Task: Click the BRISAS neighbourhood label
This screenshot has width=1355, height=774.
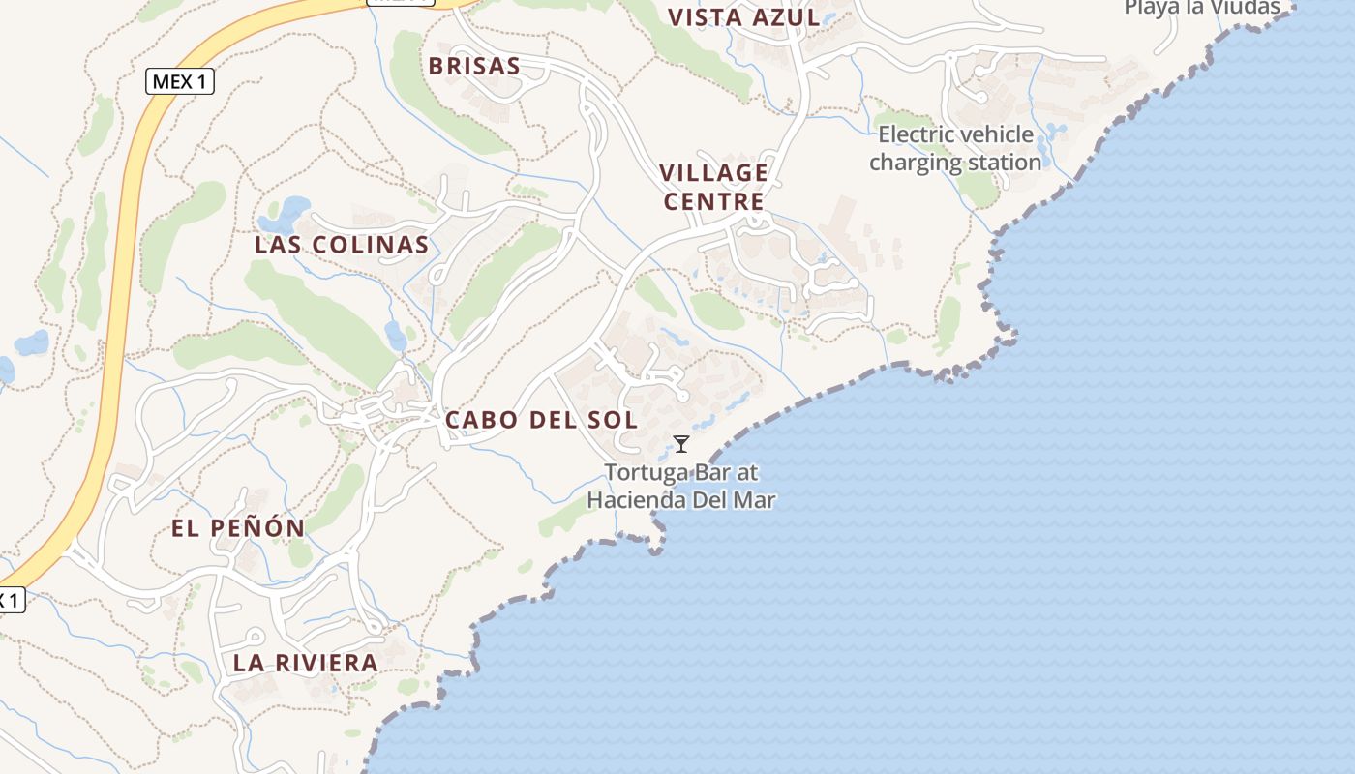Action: coord(474,66)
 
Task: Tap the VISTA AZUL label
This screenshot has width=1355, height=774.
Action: coord(744,17)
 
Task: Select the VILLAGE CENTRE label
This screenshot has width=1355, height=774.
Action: coord(713,187)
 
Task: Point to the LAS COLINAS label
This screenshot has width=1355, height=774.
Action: coord(342,245)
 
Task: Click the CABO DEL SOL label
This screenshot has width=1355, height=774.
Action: coord(541,420)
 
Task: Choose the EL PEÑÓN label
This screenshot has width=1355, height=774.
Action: coord(238,528)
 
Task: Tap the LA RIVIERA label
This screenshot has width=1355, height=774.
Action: coord(305,664)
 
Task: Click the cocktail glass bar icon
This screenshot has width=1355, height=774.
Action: coord(681,444)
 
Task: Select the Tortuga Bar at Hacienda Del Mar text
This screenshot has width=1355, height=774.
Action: coord(681,487)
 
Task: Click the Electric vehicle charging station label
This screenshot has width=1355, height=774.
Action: coord(955,148)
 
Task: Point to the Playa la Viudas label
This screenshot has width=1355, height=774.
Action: coord(1201,8)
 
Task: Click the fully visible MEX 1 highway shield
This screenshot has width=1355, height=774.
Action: coord(180,81)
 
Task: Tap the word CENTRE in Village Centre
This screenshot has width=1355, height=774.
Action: coord(713,201)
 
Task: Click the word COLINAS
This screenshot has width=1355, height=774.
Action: coord(369,245)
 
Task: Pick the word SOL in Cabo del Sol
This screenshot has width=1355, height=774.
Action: coord(612,420)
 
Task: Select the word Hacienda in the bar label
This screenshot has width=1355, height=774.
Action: coord(638,500)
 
